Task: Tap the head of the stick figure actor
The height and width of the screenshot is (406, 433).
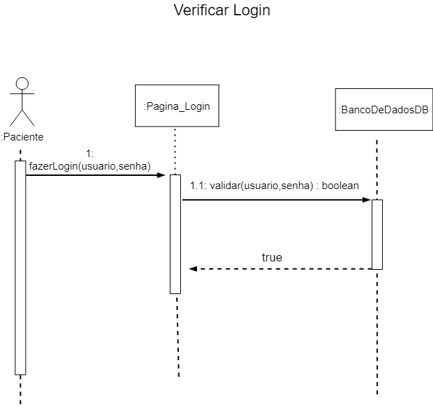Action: click(x=22, y=83)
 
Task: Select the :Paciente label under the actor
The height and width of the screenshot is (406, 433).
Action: click(x=22, y=137)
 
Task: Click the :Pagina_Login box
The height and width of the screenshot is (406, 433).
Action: click(x=177, y=106)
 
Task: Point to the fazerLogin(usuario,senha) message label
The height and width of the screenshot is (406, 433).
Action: click(x=90, y=165)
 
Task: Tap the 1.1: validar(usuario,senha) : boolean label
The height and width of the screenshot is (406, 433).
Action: click(x=274, y=186)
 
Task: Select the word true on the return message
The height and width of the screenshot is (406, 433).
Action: click(x=272, y=257)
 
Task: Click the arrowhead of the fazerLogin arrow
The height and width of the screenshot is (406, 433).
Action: click(x=161, y=175)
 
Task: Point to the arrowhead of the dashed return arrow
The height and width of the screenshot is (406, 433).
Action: click(x=194, y=269)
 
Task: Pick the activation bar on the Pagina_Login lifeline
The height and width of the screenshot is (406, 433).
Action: click(x=175, y=234)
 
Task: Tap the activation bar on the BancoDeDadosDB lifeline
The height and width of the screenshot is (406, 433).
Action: click(x=377, y=234)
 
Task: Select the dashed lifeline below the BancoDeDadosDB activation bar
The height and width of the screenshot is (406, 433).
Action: click(x=377, y=334)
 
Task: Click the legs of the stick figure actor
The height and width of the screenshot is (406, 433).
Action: click(x=22, y=116)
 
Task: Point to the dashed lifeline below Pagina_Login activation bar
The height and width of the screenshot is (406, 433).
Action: click(x=178, y=334)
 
